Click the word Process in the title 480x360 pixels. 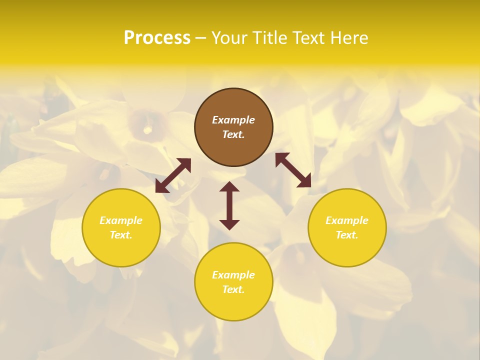coord(157,38)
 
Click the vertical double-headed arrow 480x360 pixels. coord(229,205)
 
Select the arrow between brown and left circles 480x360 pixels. coord(173,175)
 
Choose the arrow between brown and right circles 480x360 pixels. coord(293,170)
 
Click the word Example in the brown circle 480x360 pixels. coord(233,120)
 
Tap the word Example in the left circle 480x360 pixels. coord(121,220)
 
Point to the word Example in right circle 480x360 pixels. coord(347,220)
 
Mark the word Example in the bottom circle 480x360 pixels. coord(233,275)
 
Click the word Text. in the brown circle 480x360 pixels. coord(233,134)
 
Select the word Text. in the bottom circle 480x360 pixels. coord(233,289)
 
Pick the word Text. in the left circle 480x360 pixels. coord(121,235)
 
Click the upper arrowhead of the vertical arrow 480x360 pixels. coord(229,187)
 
